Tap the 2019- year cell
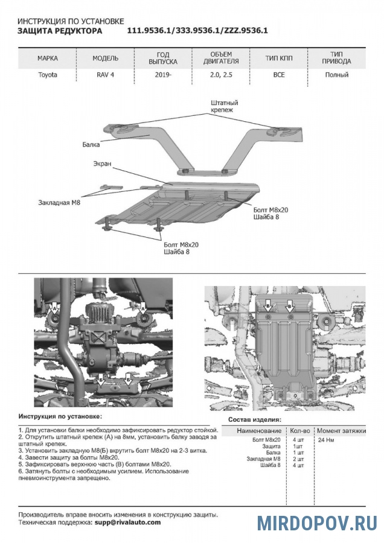(162, 75)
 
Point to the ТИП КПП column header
(279, 59)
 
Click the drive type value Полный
(336, 75)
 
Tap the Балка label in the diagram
(91, 145)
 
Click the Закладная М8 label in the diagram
(59, 203)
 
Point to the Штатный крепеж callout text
(223, 107)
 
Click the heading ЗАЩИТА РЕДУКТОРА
(60, 31)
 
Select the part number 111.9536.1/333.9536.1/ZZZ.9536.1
(197, 31)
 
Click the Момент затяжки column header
(341, 431)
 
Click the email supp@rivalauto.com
(127, 522)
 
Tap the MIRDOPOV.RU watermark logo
(317, 523)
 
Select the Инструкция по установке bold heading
(60, 416)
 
